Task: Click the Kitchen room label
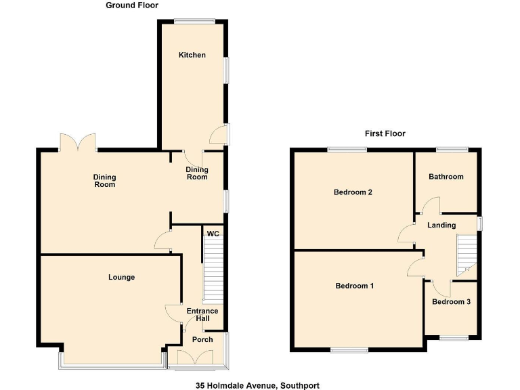192,55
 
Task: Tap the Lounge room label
121,277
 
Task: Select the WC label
213,234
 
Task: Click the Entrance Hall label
202,315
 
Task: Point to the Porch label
202,339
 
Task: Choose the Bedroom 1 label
354,286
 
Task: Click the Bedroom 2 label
353,192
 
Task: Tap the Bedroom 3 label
451,302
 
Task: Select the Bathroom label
446,177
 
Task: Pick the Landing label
441,225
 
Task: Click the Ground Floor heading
132,5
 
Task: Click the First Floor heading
385,133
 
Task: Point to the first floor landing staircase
467,255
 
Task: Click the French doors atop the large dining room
77,142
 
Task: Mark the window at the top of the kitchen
192,22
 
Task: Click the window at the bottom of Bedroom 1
349,350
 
